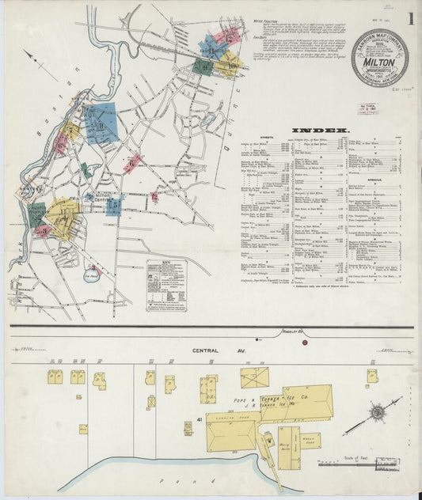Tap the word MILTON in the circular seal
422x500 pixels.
(x=380, y=56)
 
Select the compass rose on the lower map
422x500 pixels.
(x=378, y=412)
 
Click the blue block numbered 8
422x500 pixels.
(x=101, y=123)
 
